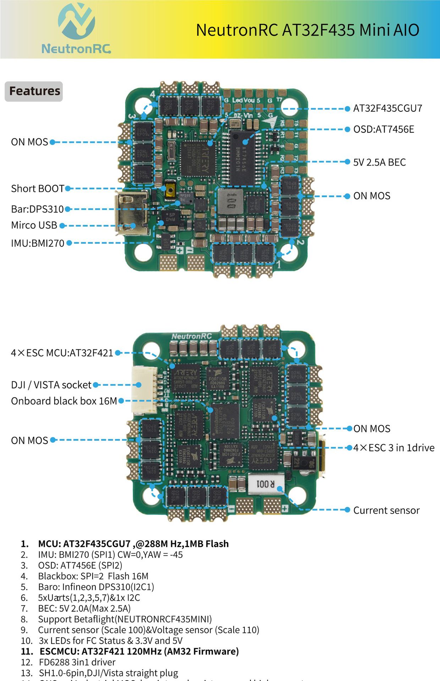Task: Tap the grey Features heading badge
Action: tap(34, 91)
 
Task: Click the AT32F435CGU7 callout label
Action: tap(387, 109)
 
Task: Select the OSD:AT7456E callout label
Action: tap(384, 129)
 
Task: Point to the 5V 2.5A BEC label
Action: tap(379, 162)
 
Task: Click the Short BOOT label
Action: tap(38, 188)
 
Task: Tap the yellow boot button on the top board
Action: tap(171, 191)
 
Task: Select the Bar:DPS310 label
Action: tap(37, 209)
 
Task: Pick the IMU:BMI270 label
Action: tap(38, 243)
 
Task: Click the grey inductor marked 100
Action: tap(230, 201)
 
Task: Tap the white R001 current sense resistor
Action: tap(266, 483)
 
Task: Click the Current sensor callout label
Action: tap(386, 510)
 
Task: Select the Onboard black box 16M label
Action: tap(64, 401)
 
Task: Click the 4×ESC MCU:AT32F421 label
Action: tap(62, 353)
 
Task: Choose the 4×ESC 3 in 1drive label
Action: tap(394, 448)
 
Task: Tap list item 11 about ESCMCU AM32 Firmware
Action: tap(139, 652)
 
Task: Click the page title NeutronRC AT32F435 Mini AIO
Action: tap(307, 30)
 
